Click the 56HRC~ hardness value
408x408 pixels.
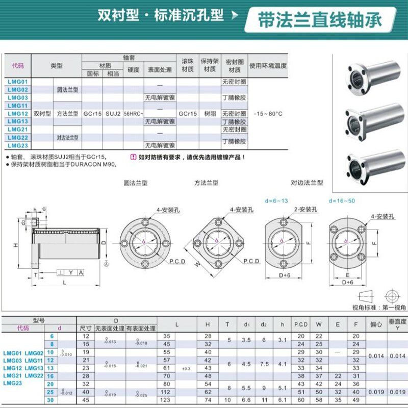coord(134,113)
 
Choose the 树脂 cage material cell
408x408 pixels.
coord(209,113)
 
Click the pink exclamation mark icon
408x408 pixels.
coord(134,157)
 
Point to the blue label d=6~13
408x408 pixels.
coord(276,200)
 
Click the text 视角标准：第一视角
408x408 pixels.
coord(379,308)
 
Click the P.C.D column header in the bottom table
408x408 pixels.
coord(300,324)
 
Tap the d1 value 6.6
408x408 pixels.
coord(247,400)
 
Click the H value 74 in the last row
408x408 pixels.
coord(208,400)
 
